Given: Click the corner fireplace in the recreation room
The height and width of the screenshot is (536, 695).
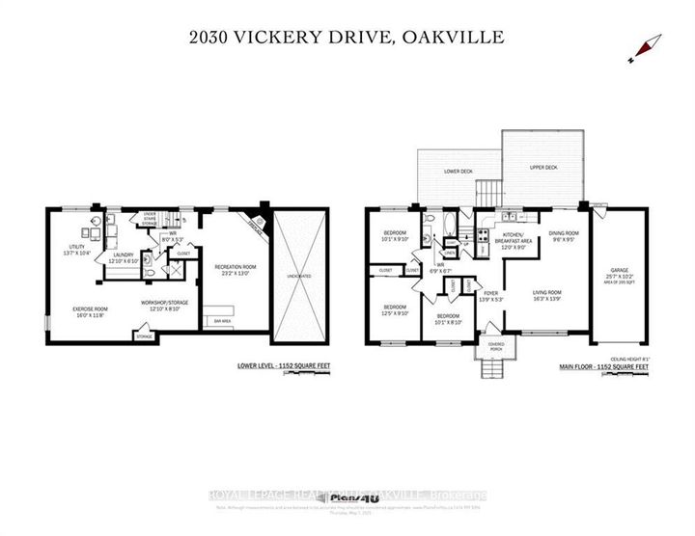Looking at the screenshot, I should (x=252, y=217).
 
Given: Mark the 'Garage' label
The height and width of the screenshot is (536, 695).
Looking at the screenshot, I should (x=618, y=273).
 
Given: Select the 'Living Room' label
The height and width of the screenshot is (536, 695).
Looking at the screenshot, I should (x=545, y=294).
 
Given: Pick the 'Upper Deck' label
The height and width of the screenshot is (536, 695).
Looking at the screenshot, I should (x=544, y=167).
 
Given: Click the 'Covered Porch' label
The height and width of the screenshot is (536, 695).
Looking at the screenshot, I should (x=495, y=343).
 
